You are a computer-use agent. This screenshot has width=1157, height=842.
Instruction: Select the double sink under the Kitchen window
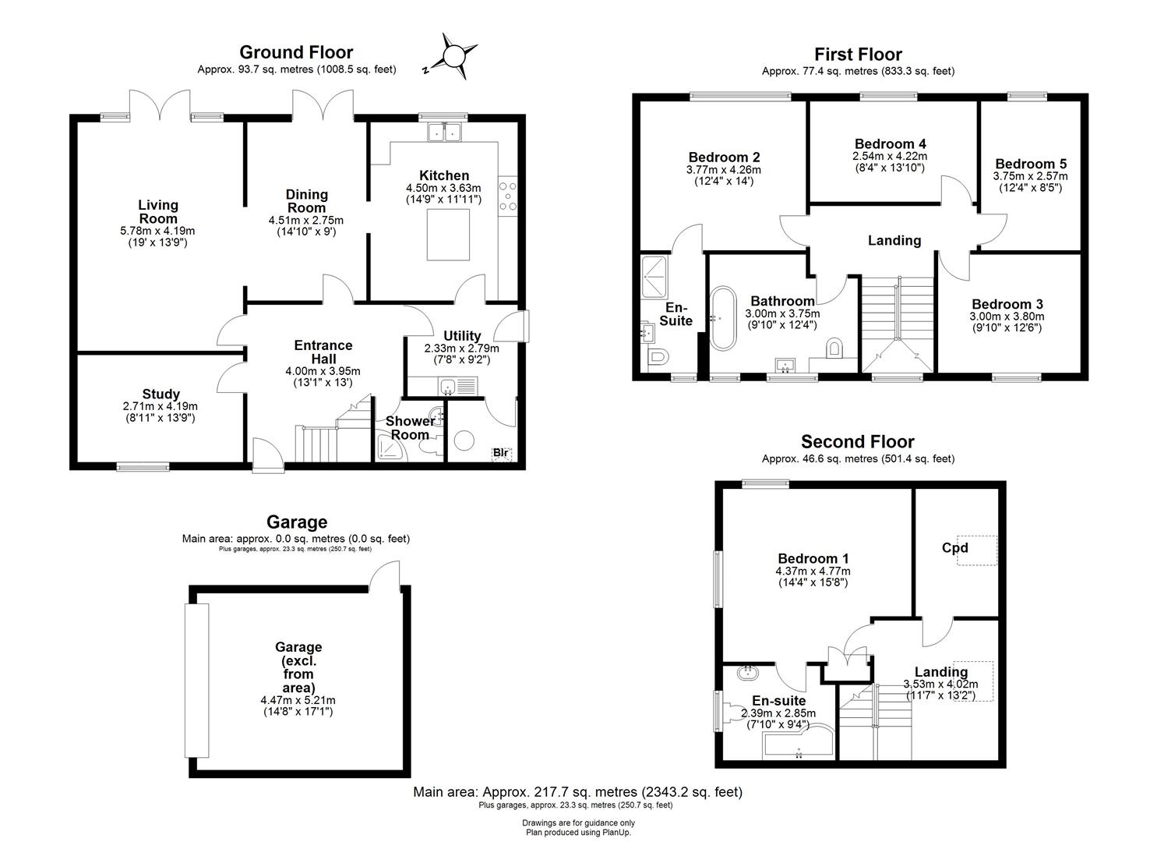coord(445,133)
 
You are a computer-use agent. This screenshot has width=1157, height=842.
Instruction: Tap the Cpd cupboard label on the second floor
coord(955,547)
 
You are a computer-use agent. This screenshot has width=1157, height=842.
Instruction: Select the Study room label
coord(160,394)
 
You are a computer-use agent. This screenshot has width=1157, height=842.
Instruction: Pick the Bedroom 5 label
coord(1030,164)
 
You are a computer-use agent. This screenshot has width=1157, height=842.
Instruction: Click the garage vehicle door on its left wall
coord(197,680)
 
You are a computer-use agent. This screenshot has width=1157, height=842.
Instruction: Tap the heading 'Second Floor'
coord(857,442)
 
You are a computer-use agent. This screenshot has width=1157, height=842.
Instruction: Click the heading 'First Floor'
coord(858,54)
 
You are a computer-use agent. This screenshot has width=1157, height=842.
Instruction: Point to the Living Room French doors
coord(160,105)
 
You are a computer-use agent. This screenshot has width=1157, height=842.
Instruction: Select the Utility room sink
coord(447,386)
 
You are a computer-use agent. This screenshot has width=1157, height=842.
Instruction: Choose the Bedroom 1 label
coord(813,558)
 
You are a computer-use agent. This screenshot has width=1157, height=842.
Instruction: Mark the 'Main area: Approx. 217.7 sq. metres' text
coord(577,792)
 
